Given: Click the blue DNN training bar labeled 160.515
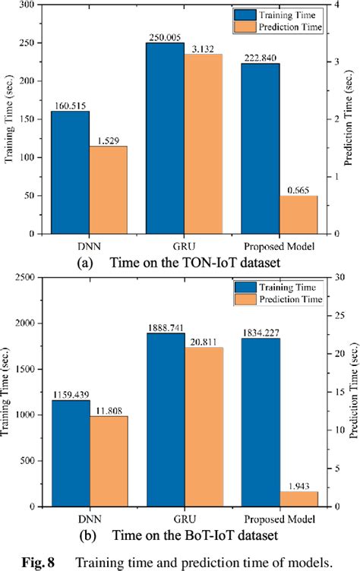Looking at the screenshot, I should (x=70, y=173).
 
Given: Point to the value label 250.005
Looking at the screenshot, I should (x=166, y=37).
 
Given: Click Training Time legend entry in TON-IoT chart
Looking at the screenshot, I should (x=285, y=13).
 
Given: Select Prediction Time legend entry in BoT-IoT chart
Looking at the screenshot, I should (x=285, y=298).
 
